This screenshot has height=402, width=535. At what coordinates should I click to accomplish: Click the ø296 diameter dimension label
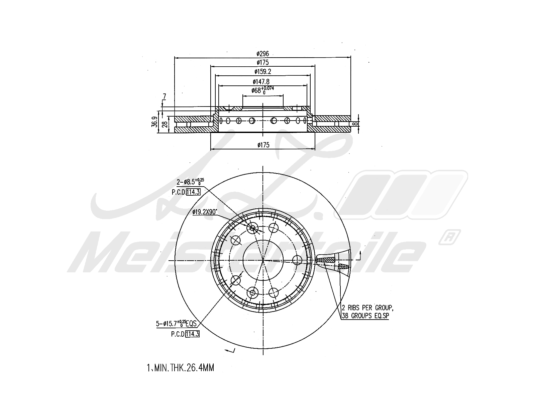point(262,54)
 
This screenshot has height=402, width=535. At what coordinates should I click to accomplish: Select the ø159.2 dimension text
point(262,71)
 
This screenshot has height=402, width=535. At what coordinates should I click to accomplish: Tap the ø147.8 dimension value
point(261,81)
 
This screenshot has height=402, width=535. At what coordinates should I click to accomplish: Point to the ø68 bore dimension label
point(262,90)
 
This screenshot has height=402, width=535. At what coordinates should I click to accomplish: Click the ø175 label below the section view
point(263,145)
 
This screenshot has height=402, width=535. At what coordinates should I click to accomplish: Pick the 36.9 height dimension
point(154,122)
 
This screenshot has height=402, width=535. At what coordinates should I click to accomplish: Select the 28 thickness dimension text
point(164,124)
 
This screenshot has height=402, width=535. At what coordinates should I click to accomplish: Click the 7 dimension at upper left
point(164,97)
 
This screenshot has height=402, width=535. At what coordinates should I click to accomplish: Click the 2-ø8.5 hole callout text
point(190,182)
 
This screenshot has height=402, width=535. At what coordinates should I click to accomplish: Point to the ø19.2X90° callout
point(205,212)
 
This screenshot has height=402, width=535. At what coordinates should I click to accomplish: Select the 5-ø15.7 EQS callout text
point(178,324)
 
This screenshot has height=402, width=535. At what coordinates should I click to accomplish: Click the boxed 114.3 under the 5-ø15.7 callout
point(192,334)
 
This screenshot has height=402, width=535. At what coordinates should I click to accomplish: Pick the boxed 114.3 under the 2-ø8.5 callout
point(194,192)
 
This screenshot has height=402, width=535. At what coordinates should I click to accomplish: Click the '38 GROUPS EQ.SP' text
point(365,316)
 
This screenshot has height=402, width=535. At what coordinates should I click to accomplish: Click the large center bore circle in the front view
point(263,260)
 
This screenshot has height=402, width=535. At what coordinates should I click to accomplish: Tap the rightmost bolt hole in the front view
point(297,260)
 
